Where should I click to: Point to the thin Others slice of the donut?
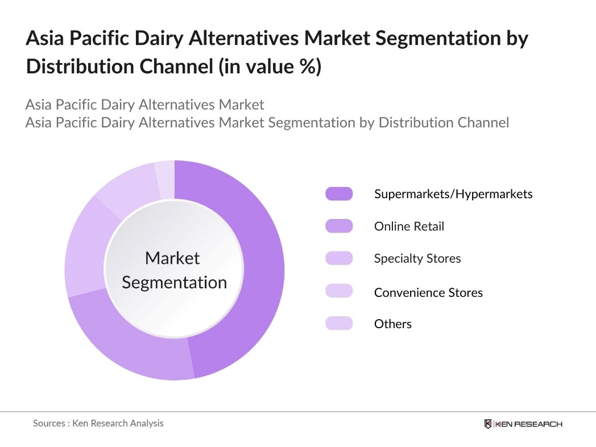[x=165, y=180]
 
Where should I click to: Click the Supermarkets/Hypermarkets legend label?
[x=453, y=194]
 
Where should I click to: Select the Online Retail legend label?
[x=409, y=226]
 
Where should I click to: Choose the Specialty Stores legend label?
[x=417, y=258]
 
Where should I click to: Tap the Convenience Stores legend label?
[x=428, y=292]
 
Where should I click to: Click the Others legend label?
[x=392, y=324]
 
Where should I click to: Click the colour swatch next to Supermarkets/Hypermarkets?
[x=339, y=194]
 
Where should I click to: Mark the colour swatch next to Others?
[x=339, y=324]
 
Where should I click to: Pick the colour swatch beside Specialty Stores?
[x=339, y=258]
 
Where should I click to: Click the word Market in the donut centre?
[x=172, y=258]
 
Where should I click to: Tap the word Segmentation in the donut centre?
[x=174, y=282]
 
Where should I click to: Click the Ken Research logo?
[x=523, y=424]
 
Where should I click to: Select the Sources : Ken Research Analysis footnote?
[x=98, y=423]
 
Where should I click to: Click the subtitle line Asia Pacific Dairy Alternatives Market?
[x=144, y=105]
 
